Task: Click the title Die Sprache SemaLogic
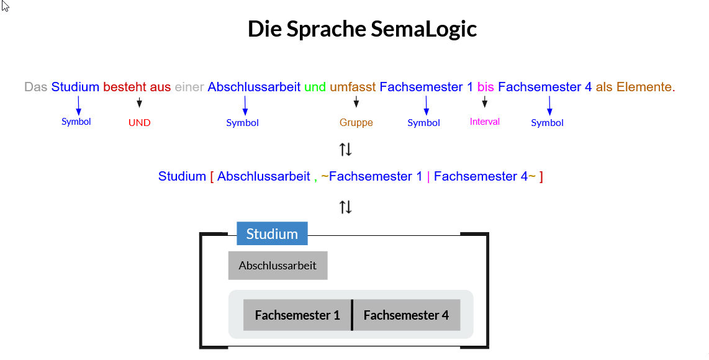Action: pyautogui.click(x=362, y=29)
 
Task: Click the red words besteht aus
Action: pyautogui.click(x=137, y=87)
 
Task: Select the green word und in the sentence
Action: pyautogui.click(x=315, y=87)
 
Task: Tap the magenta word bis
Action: pyautogui.click(x=485, y=87)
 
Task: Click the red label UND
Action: pyautogui.click(x=139, y=123)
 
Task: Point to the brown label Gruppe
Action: pyautogui.click(x=356, y=123)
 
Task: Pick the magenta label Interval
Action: pyautogui.click(x=484, y=122)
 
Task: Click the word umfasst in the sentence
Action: pyautogui.click(x=353, y=87)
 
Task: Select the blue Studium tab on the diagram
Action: pyautogui.click(x=272, y=233)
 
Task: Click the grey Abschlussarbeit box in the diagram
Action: pyautogui.click(x=278, y=266)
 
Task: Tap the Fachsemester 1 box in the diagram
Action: pyautogui.click(x=297, y=315)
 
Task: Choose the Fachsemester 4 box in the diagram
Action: pyautogui.click(x=406, y=315)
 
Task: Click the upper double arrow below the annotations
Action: pyautogui.click(x=346, y=150)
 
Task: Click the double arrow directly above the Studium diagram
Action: pyautogui.click(x=346, y=207)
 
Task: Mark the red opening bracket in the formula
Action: pyautogui.click(x=212, y=176)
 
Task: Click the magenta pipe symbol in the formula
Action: pyautogui.click(x=428, y=176)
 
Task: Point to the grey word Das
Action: pyautogui.click(x=36, y=87)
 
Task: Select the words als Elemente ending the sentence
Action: pyautogui.click(x=634, y=87)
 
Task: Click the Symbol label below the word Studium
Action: pyautogui.click(x=76, y=122)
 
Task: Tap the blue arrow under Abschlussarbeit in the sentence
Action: pyautogui.click(x=245, y=105)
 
